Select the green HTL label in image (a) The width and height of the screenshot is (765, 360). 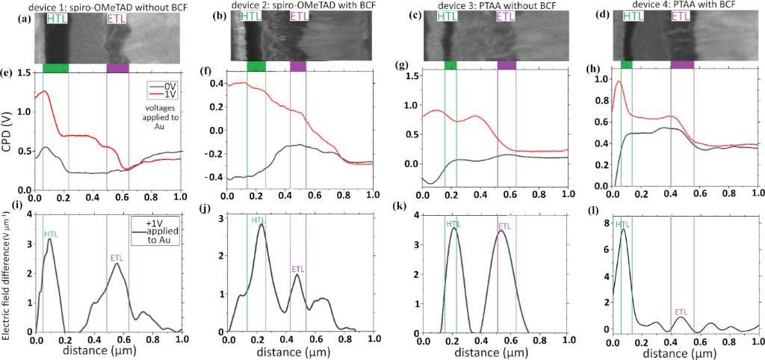click(x=56, y=18)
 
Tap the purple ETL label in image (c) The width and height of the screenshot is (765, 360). click(x=505, y=16)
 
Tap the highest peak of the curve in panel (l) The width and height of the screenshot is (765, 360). click(x=623, y=229)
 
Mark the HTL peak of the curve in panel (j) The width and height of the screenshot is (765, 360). click(x=261, y=224)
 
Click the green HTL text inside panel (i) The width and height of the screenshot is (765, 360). click(x=51, y=235)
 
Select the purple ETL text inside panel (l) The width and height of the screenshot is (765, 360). click(x=681, y=311)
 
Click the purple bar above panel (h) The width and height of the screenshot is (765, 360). click(x=682, y=66)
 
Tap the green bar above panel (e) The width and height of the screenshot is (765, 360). click(x=55, y=68)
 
